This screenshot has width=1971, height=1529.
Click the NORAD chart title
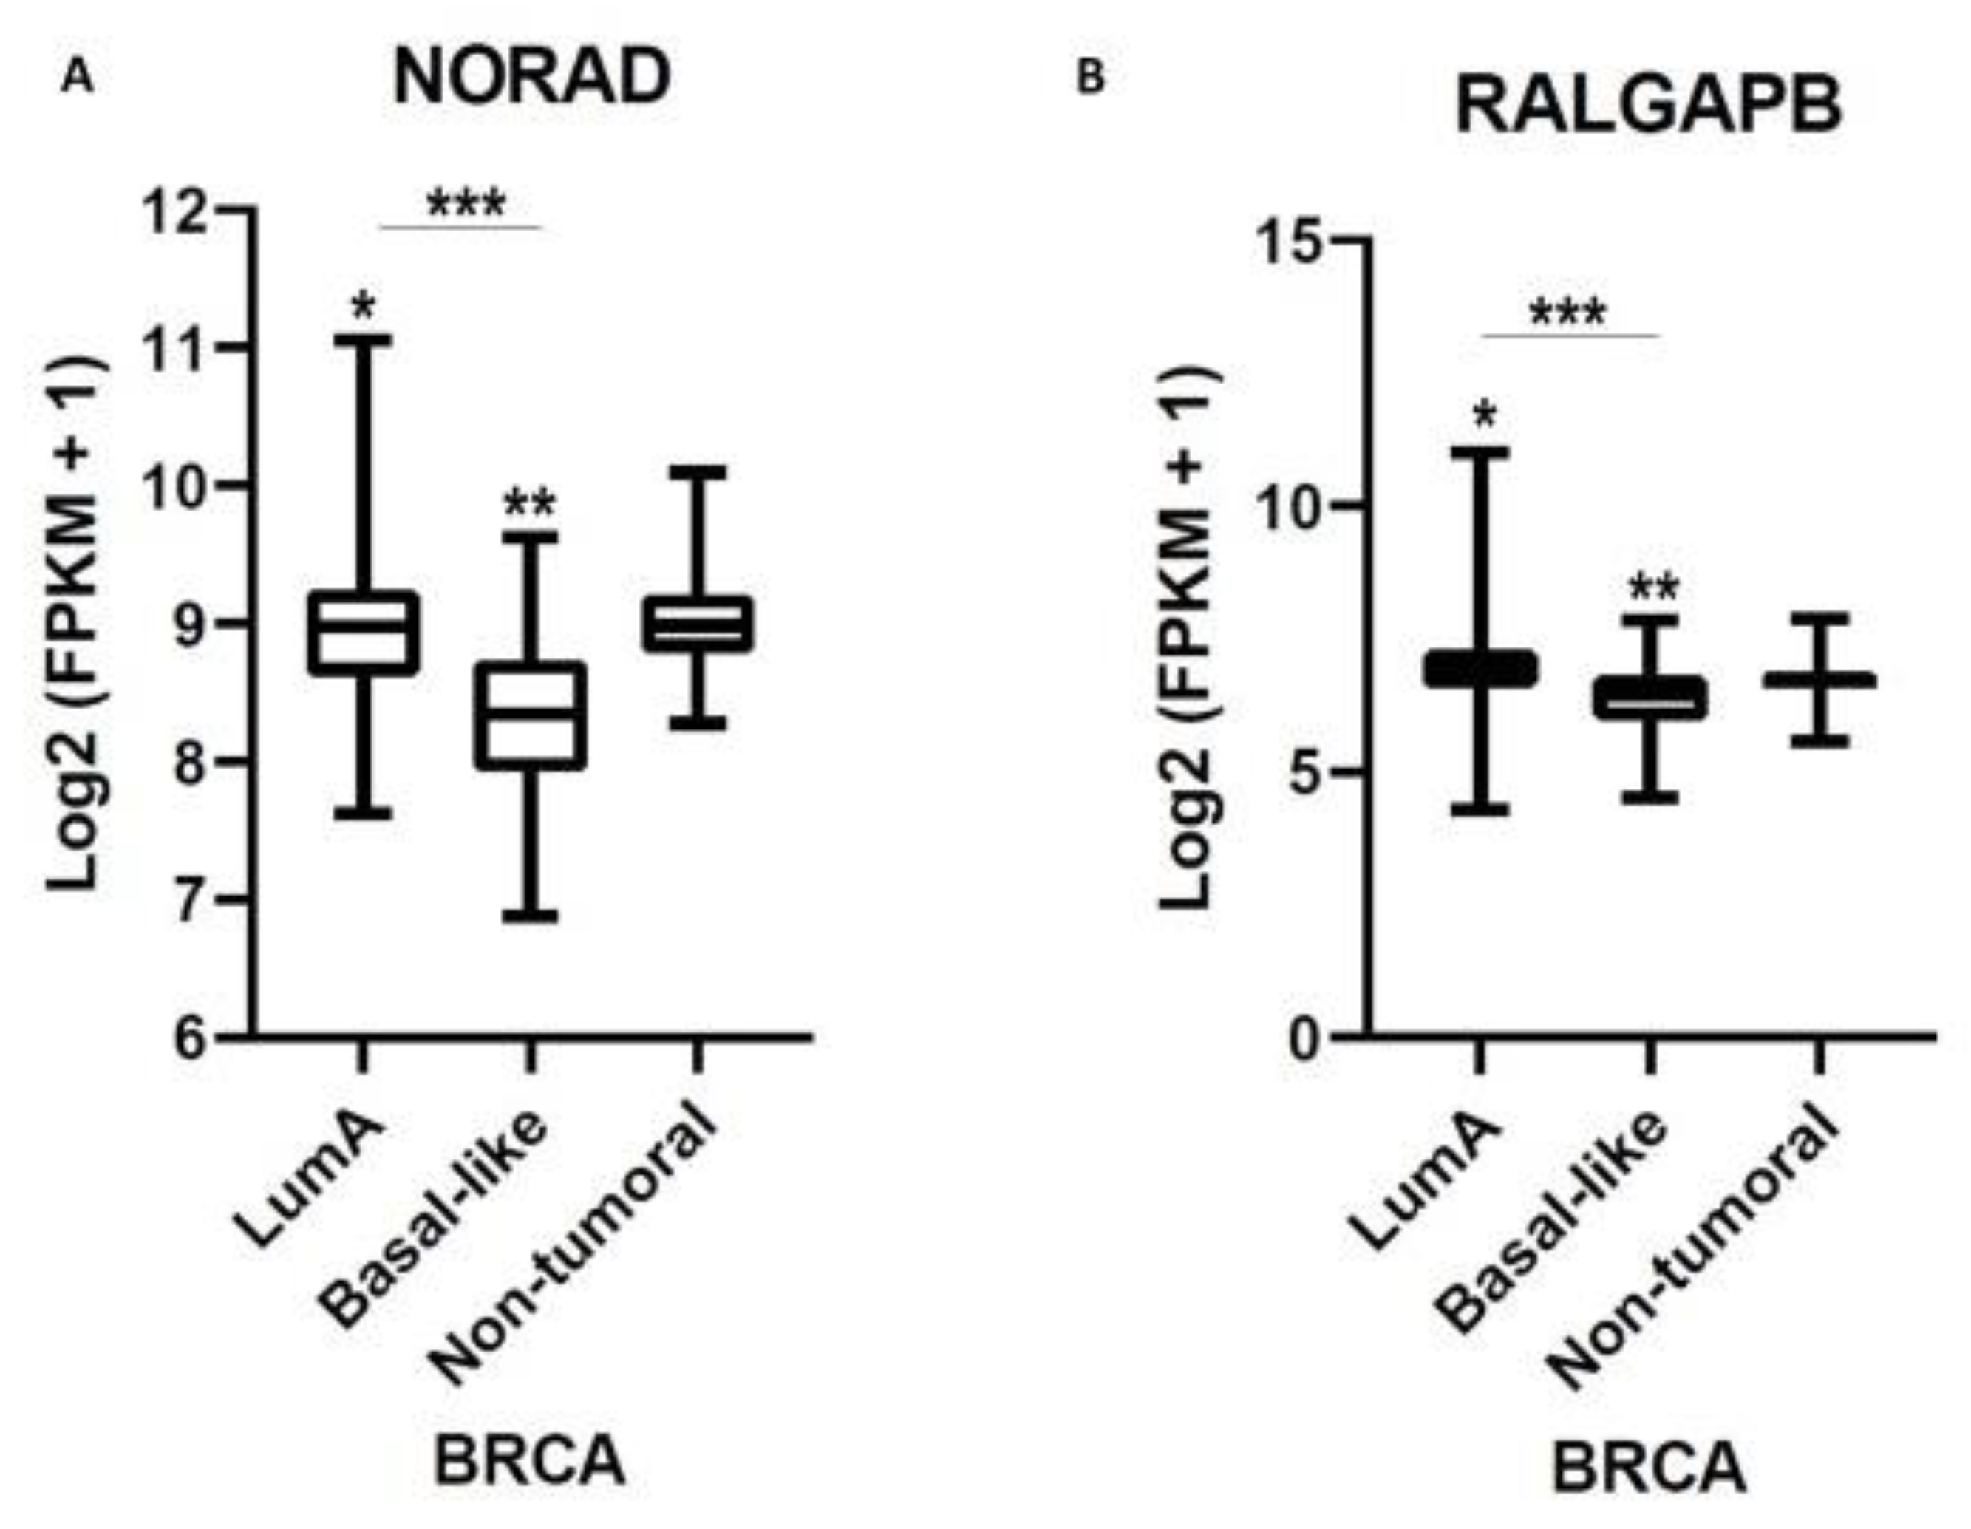point(531,78)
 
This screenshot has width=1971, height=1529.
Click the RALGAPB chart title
point(1648,106)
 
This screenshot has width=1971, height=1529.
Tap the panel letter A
point(78,79)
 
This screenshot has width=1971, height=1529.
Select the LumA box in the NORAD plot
point(363,632)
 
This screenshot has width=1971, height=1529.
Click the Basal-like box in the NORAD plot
point(531,716)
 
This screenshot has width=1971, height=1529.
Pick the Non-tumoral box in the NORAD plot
point(698,623)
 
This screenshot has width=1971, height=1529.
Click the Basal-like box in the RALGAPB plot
point(1650,698)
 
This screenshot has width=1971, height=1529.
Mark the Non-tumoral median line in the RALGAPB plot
point(1819,681)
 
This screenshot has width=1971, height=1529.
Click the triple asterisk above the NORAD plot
point(466,204)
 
